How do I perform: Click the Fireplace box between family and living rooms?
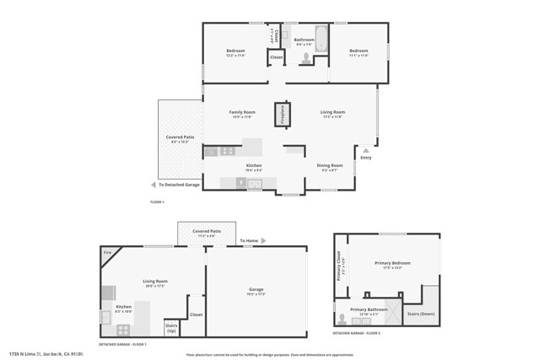280,115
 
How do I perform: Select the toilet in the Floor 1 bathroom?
305,58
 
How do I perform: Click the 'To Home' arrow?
262,241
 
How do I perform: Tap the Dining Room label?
330,166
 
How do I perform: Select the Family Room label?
242,112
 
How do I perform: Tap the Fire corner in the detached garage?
108,253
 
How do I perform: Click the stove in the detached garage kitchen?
123,330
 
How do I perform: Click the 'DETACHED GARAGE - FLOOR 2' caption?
357,333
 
